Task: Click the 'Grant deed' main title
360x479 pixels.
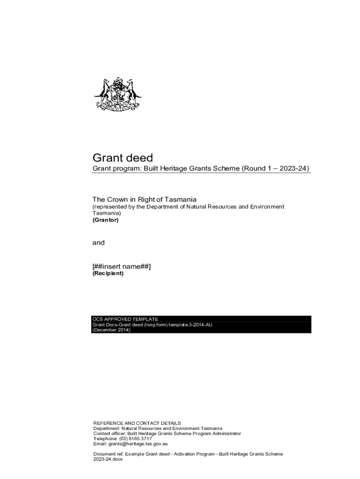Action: pos(122,158)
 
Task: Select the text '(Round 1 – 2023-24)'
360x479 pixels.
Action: pos(275,168)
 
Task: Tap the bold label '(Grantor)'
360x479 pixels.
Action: pos(106,220)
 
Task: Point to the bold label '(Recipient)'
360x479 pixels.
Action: pos(108,274)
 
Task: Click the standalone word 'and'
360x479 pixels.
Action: pos(99,243)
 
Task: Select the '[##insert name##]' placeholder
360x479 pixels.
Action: pos(122,266)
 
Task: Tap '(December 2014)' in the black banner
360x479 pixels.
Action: pos(112,330)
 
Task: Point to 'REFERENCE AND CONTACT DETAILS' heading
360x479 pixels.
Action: pos(137,423)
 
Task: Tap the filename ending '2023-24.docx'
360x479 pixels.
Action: pos(108,459)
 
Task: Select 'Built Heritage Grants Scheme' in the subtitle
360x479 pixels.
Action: pos(191,168)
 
